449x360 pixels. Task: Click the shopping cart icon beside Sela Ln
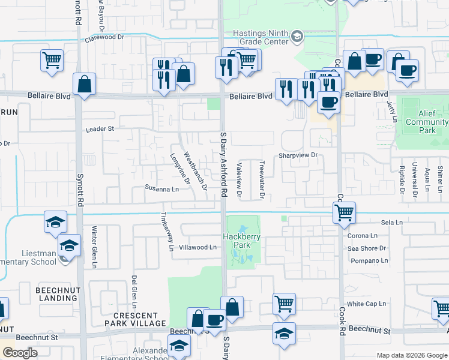click(x=344, y=212)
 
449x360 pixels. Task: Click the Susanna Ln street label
click(x=161, y=188)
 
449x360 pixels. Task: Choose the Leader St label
click(x=100, y=129)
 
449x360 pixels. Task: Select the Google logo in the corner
click(x=20, y=353)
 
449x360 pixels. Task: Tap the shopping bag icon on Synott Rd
click(x=85, y=85)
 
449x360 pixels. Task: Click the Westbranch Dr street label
click(x=195, y=170)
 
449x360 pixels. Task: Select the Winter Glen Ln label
click(x=94, y=247)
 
